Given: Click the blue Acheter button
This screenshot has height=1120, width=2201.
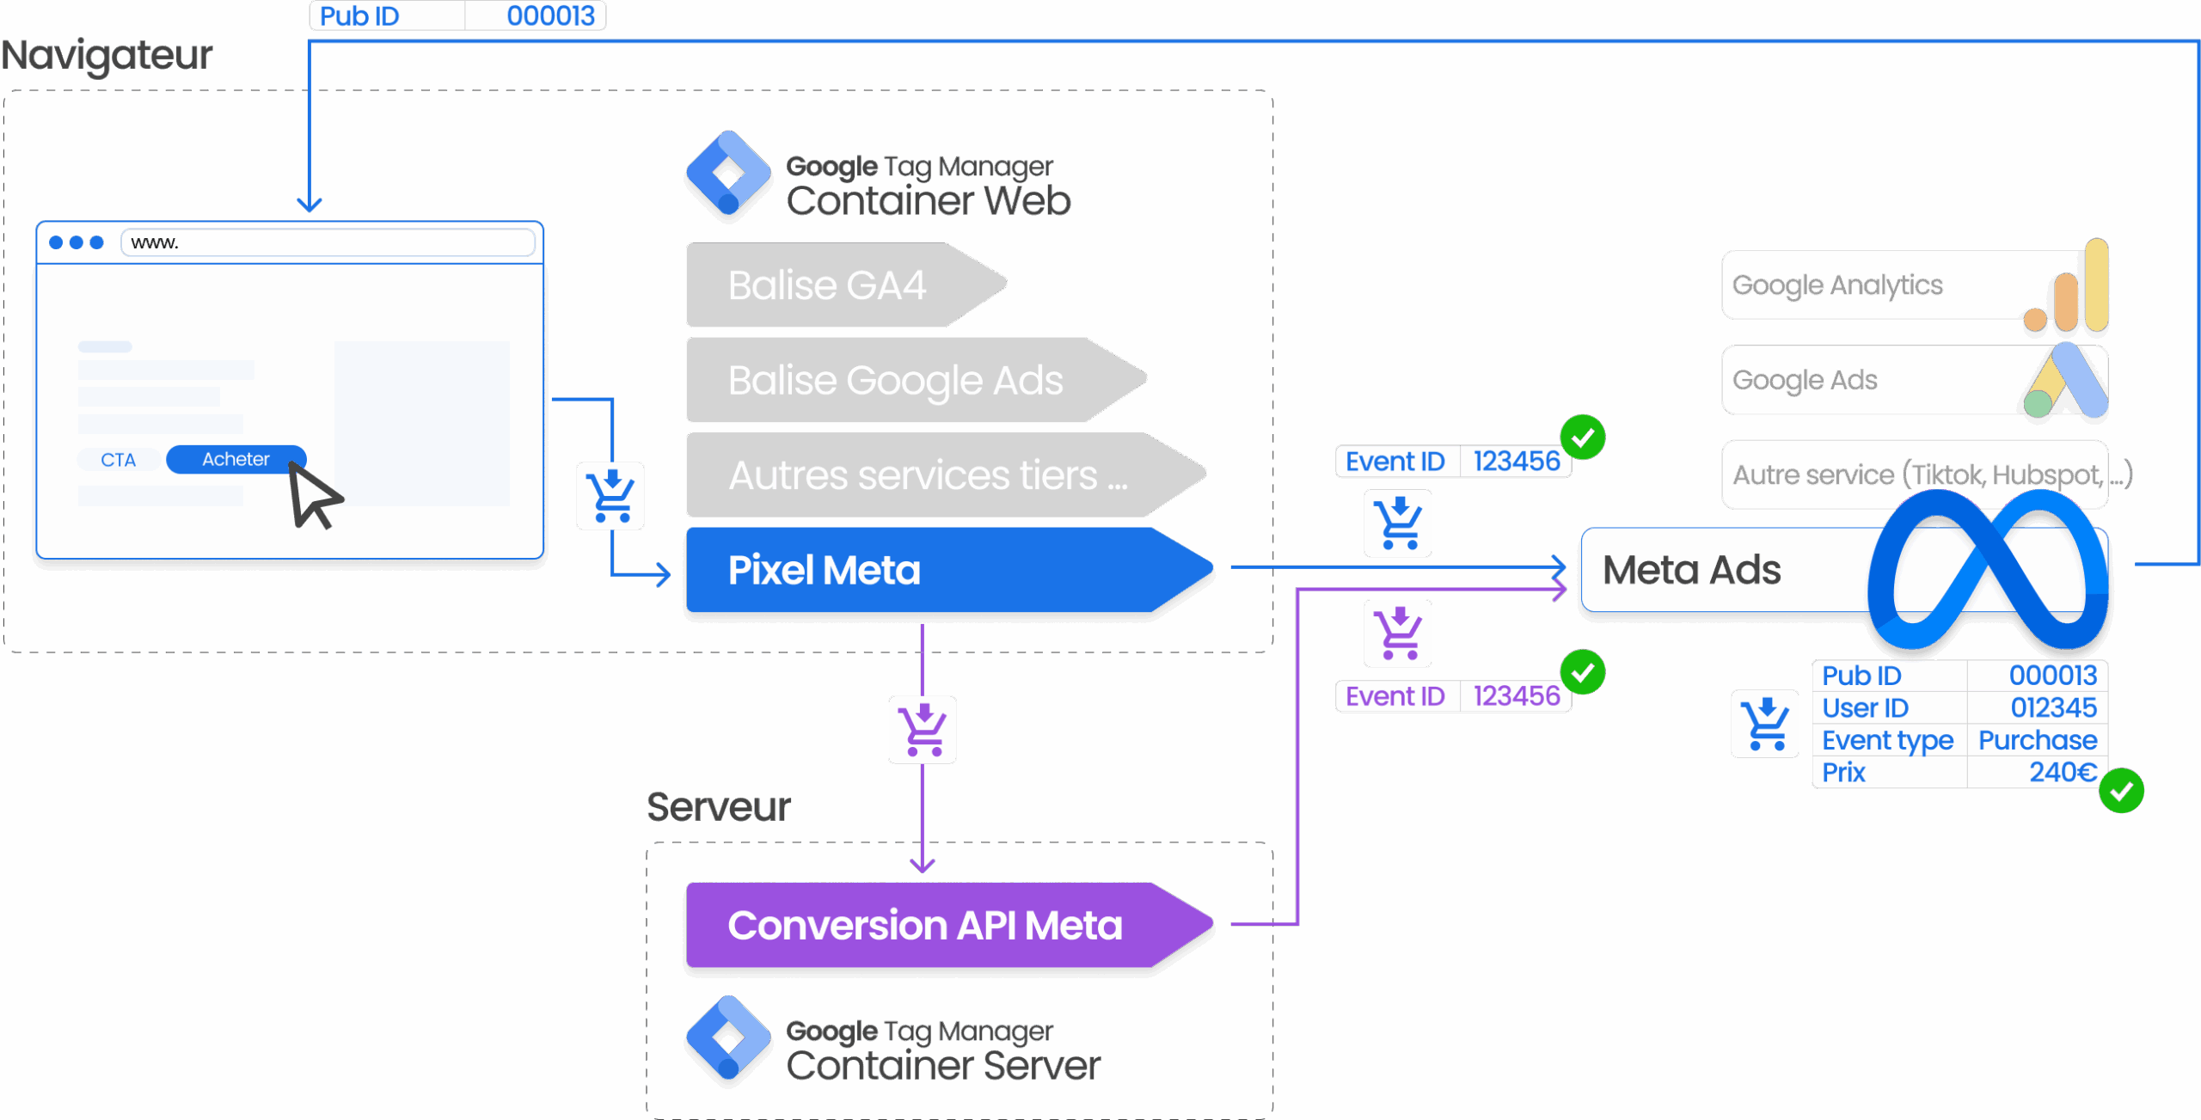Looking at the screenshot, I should click(x=235, y=459).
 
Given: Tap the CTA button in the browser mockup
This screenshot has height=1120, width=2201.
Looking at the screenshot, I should click(x=118, y=460).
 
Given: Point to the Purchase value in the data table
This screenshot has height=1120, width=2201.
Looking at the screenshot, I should click(x=2037, y=740).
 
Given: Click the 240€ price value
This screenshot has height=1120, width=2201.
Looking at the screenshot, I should click(x=2063, y=772).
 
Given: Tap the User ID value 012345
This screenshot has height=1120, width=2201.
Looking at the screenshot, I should click(x=2053, y=707).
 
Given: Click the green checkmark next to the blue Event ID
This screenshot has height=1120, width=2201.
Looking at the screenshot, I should click(x=1583, y=438).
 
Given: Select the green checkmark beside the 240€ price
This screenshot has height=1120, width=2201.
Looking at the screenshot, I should click(x=2121, y=791).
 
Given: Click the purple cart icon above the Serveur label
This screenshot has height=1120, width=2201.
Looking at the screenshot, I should click(x=922, y=729).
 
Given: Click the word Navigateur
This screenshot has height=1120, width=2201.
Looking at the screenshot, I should click(x=107, y=56).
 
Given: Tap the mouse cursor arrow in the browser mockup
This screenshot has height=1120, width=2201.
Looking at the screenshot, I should click(x=313, y=495).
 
